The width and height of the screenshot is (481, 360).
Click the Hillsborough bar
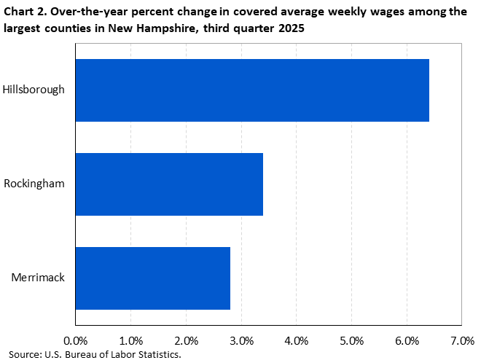[252, 90]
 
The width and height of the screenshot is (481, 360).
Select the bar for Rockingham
[169, 184]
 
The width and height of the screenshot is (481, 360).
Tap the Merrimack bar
[152, 278]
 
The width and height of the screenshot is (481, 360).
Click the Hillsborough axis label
[34, 90]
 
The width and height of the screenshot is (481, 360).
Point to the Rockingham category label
[34, 184]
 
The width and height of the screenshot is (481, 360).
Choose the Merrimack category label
[38, 278]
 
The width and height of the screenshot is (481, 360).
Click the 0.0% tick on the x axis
[75, 340]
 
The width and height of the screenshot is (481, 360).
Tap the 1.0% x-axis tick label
[130, 340]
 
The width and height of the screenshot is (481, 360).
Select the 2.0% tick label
[186, 340]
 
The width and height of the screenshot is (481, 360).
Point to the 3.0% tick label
[241, 340]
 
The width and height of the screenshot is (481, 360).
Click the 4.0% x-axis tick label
[297, 340]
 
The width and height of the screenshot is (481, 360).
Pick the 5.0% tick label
[351, 340]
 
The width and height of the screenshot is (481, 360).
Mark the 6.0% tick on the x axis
[407, 340]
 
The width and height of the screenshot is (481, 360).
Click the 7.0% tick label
[462, 340]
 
